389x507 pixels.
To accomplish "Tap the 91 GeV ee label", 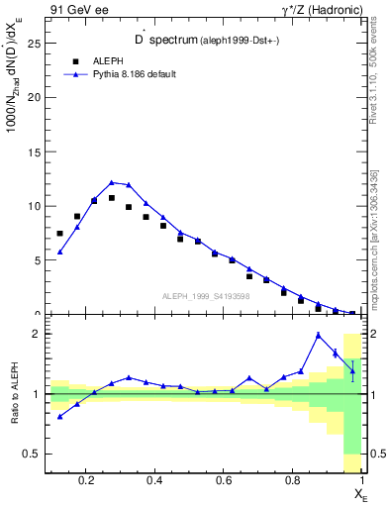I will (72, 10).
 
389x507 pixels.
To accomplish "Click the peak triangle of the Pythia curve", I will (112, 182).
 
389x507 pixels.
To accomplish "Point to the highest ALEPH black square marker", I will (112, 198).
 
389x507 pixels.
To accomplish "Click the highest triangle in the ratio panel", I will (318, 335).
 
